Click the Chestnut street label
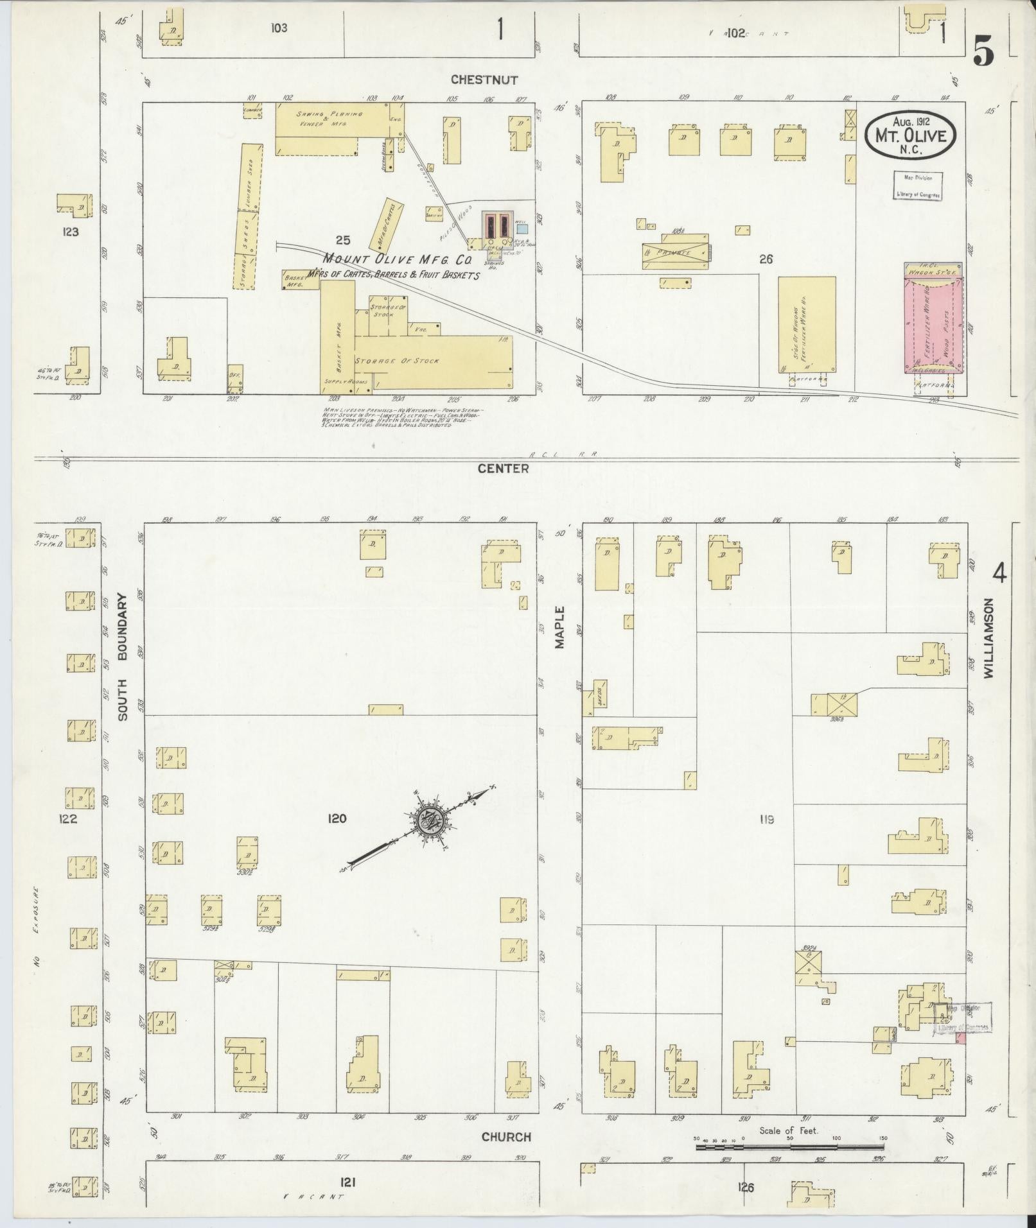(x=484, y=80)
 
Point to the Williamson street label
(x=988, y=639)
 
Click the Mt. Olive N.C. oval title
(x=910, y=135)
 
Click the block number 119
(x=766, y=819)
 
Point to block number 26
(x=766, y=259)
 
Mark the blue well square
(x=522, y=227)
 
